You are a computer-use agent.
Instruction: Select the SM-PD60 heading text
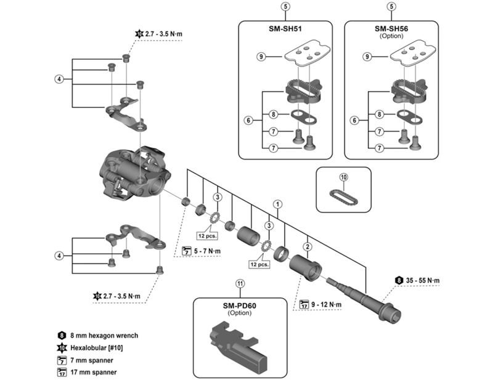239,305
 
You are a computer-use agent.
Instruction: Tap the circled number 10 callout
343,177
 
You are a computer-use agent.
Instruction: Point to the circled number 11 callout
240,284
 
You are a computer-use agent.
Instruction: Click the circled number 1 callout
278,203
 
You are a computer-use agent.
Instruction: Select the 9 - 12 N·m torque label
327,304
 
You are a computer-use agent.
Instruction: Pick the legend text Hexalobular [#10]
99,348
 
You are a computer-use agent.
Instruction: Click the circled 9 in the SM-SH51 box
261,57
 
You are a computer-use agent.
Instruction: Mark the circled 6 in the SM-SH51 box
249,121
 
